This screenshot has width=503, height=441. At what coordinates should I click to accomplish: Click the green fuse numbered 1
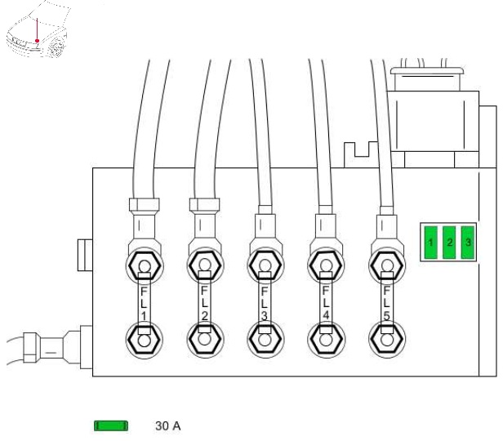pos(430,243)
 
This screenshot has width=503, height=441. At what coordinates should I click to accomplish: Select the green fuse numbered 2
pos(449,243)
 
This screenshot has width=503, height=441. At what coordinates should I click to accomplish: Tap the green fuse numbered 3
pos(468,243)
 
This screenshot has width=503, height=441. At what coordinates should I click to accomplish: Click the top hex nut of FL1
pos(145,265)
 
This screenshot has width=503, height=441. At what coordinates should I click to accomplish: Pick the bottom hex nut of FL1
pos(145,340)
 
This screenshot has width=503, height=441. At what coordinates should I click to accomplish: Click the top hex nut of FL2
pos(205,265)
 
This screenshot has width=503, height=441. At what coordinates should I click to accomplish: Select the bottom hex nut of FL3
pos(265,340)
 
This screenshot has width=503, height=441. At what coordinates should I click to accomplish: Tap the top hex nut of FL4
pos(326,265)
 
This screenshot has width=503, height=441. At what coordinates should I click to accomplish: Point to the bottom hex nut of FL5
pos(387,340)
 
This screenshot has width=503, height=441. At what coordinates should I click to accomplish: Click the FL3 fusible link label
pos(265,304)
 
